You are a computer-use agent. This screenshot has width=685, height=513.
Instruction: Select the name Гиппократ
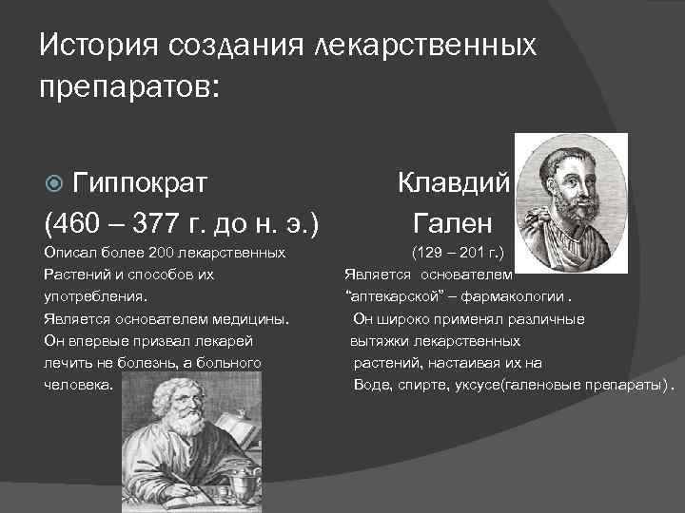(x=141, y=181)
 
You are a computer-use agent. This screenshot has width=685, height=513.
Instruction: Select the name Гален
(x=453, y=224)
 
